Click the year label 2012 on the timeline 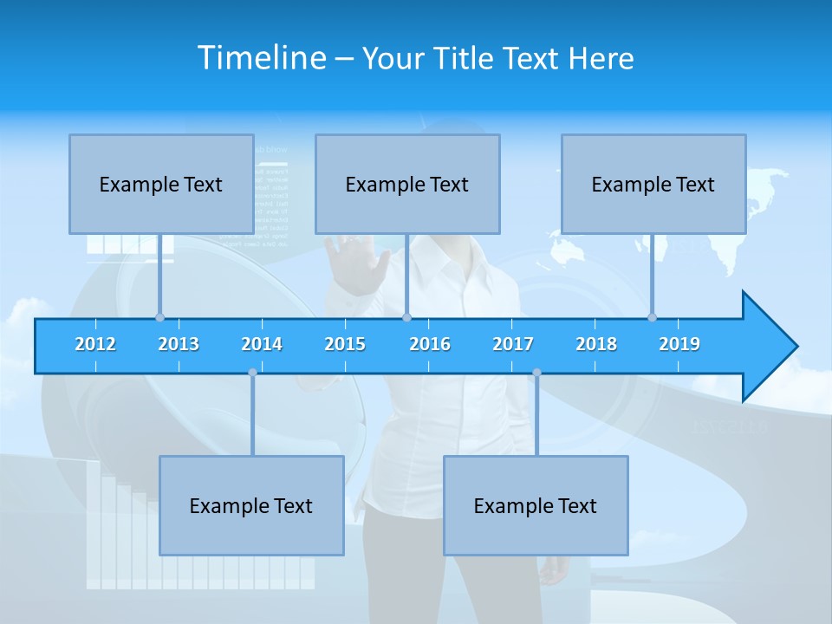pyautogui.click(x=95, y=344)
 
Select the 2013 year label pyautogui.click(x=179, y=344)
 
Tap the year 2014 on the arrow pyautogui.click(x=262, y=344)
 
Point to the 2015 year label pyautogui.click(x=345, y=344)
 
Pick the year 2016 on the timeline pyautogui.click(x=430, y=344)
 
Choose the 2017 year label pyautogui.click(x=513, y=344)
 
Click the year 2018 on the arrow pyautogui.click(x=596, y=344)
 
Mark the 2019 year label pyautogui.click(x=679, y=344)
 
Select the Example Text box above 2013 pyautogui.click(x=161, y=184)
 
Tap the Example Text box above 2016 pyautogui.click(x=407, y=184)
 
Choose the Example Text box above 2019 pyautogui.click(x=653, y=184)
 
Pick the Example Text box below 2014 pyautogui.click(x=251, y=505)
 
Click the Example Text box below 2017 pyautogui.click(x=536, y=505)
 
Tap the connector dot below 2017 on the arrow pyautogui.click(x=536, y=373)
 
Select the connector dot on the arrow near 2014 pyautogui.click(x=252, y=373)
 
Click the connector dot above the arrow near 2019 pyautogui.click(x=652, y=317)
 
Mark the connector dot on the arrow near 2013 pyautogui.click(x=159, y=317)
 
